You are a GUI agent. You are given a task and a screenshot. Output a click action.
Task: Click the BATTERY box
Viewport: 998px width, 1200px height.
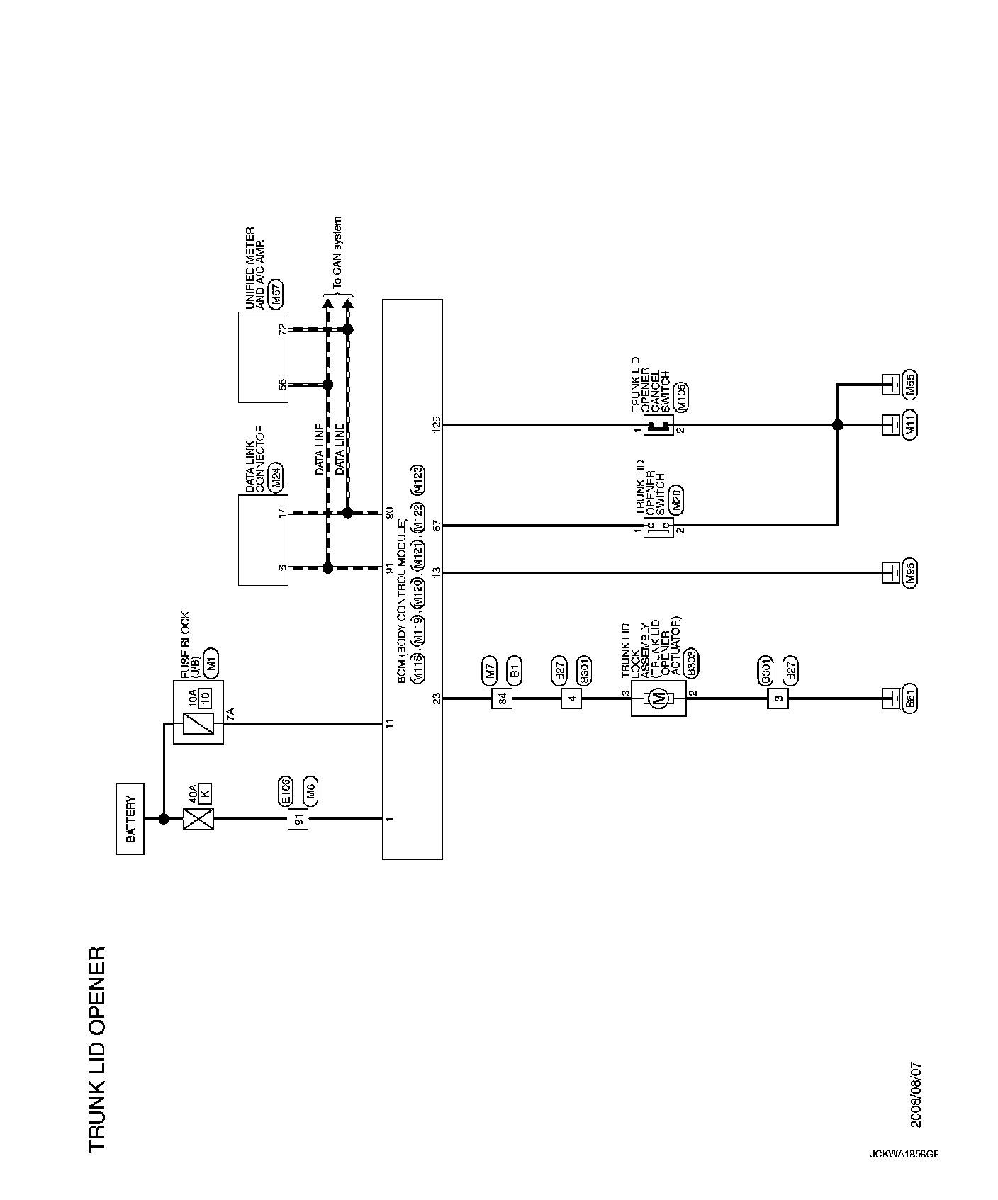[x=130, y=819]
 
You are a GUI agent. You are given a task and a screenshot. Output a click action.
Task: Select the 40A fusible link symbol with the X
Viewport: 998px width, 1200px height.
[x=198, y=820]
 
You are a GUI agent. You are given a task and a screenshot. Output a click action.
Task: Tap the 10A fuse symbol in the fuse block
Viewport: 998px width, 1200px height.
[x=198, y=723]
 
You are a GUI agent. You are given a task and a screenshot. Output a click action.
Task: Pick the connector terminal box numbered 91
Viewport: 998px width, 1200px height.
[x=298, y=820]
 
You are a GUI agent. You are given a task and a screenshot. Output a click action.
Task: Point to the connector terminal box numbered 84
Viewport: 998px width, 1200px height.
[x=502, y=699]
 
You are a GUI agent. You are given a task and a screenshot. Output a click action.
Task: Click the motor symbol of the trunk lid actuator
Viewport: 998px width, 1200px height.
[x=658, y=699]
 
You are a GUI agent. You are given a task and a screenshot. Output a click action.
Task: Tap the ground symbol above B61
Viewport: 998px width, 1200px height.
[x=890, y=698]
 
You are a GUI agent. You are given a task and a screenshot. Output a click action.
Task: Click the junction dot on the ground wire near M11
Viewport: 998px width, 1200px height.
[x=837, y=425]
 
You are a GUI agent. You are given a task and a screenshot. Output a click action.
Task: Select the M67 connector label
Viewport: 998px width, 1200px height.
[x=278, y=296]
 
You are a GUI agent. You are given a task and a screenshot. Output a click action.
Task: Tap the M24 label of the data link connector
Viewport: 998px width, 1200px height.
[x=278, y=478]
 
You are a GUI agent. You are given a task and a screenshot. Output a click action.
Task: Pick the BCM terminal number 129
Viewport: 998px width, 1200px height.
[x=437, y=425]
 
